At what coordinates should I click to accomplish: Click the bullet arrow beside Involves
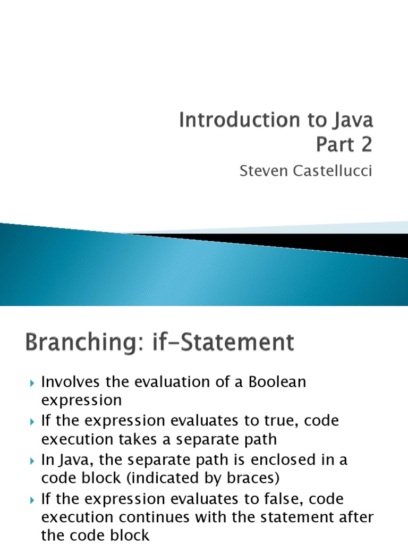tap(32, 382)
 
